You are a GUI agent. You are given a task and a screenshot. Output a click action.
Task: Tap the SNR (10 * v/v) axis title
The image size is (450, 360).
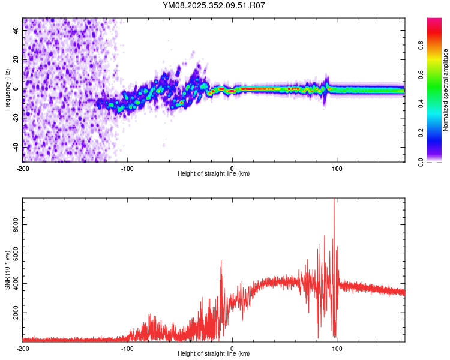[x=8, y=270]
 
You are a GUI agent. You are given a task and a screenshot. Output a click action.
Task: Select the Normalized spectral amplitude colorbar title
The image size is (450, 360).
[x=446, y=91]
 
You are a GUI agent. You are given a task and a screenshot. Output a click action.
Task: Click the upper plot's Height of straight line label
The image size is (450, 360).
[x=214, y=174]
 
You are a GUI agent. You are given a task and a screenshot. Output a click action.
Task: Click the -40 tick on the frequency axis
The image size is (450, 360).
[x=17, y=147]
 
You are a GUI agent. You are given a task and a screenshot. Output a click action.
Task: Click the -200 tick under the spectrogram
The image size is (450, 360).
[x=23, y=169]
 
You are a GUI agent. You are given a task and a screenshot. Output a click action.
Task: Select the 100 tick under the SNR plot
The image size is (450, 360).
[x=337, y=348]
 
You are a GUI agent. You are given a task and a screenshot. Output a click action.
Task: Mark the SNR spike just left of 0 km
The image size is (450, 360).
[x=221, y=263]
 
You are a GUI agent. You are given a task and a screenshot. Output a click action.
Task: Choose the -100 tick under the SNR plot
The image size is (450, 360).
[x=127, y=348]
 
